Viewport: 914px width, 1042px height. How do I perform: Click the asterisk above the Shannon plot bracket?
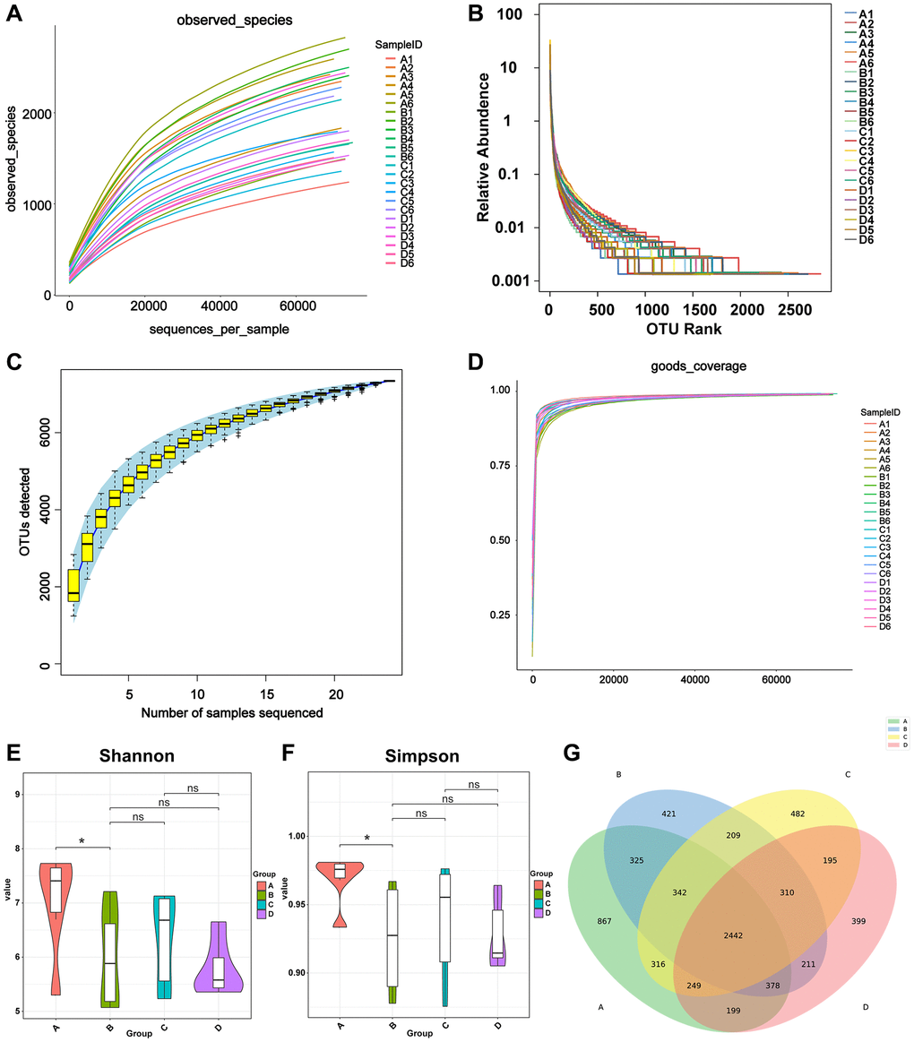point(82,841)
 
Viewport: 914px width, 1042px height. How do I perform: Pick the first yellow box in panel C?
point(73,585)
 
